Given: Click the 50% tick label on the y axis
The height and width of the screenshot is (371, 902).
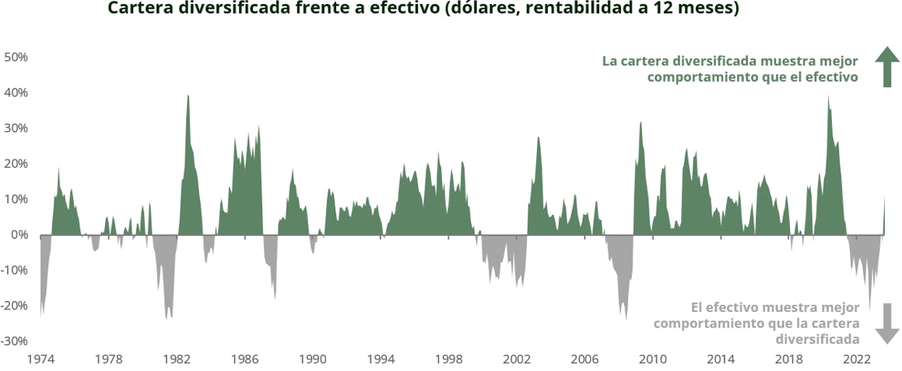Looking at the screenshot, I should (x=16, y=57).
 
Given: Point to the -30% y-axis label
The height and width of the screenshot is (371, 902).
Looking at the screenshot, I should (x=15, y=341).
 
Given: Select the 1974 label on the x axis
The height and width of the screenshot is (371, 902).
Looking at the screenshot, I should (x=40, y=359).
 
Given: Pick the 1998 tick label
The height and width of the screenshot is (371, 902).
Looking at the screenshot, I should (x=448, y=359).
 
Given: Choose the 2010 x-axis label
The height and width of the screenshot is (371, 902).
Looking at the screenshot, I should (x=653, y=359).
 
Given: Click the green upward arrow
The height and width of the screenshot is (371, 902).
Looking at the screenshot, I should (x=886, y=66).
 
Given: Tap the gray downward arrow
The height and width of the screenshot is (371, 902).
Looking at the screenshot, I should (x=886, y=324).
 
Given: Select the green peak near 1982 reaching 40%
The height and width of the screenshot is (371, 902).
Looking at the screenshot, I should (x=188, y=96).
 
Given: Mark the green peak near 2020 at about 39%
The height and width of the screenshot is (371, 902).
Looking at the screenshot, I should (x=828, y=97).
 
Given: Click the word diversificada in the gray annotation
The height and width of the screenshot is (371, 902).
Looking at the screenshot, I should (x=817, y=339).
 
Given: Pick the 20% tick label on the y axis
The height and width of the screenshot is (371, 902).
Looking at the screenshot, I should (x=16, y=163).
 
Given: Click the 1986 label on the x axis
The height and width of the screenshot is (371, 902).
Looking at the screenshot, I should (x=244, y=359).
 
